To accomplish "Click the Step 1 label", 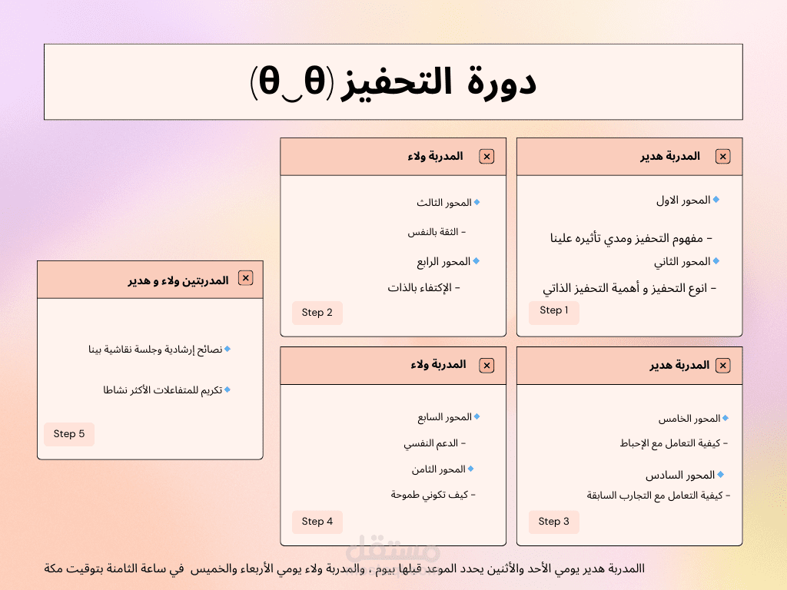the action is click(553, 310).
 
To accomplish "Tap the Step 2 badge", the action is click(317, 313).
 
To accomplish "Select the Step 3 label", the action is click(553, 522).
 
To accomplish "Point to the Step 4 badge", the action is click(317, 522).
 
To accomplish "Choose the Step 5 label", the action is click(69, 434).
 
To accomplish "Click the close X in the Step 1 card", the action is click(722, 157).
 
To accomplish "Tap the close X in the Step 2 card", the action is click(486, 157).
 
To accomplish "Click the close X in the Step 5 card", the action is click(245, 278).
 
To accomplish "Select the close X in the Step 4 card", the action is click(486, 365).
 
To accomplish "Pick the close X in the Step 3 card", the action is click(722, 365).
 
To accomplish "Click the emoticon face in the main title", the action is click(291, 82).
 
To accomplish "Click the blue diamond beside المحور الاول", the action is click(716, 200).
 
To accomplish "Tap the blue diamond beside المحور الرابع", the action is click(477, 261).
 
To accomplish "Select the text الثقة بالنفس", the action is click(433, 232).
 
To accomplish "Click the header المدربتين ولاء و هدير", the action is click(178, 280).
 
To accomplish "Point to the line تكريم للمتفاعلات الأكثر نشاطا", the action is click(163, 390).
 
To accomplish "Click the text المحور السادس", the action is click(680, 475).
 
